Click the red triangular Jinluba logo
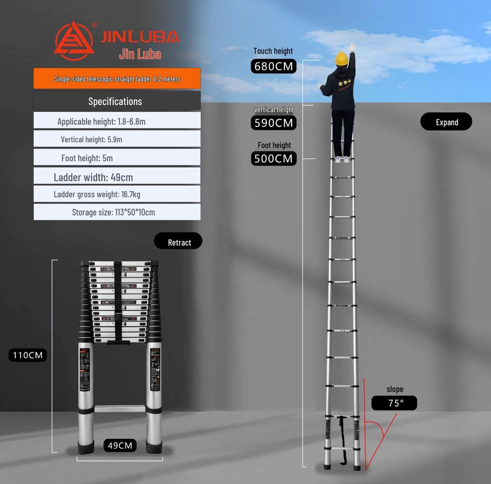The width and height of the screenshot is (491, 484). [x=74, y=41]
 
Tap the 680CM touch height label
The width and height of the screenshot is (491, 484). [x=273, y=66]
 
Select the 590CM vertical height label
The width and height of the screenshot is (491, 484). [x=273, y=123]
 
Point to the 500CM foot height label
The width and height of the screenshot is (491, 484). [x=273, y=159]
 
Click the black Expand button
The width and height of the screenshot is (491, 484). [x=446, y=122]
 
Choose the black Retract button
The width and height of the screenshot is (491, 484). [x=178, y=242]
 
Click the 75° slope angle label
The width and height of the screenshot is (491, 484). [x=394, y=403]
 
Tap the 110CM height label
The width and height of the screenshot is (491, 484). [x=27, y=355]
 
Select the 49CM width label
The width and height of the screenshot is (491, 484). [x=120, y=446]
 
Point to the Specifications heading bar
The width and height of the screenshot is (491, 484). [x=117, y=101]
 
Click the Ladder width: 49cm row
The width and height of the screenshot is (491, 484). [x=117, y=177]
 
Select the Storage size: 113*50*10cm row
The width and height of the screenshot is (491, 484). [x=117, y=212]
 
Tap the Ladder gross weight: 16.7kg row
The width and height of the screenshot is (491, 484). [x=117, y=194]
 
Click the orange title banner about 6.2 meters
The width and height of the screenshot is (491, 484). [x=117, y=79]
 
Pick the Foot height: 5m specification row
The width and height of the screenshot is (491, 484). [x=117, y=158]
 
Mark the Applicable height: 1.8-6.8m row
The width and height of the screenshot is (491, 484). [x=117, y=121]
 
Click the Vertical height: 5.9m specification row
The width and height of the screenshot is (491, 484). [x=117, y=139]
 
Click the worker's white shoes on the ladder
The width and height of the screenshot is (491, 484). [x=342, y=159]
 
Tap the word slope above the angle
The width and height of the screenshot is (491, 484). [x=395, y=389]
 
